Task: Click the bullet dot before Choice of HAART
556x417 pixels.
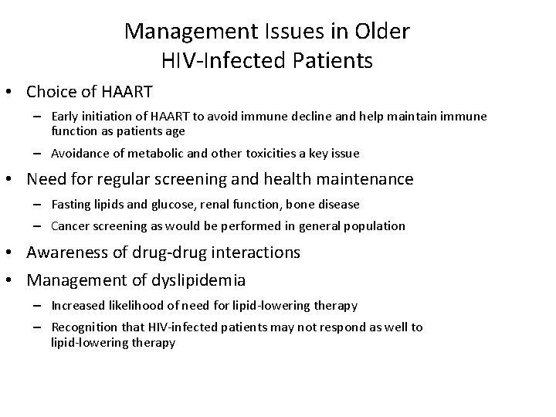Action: (x=12, y=93)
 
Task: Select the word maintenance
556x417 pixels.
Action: (x=366, y=179)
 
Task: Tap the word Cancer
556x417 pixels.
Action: (x=69, y=226)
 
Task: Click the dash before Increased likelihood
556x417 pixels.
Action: (x=37, y=305)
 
